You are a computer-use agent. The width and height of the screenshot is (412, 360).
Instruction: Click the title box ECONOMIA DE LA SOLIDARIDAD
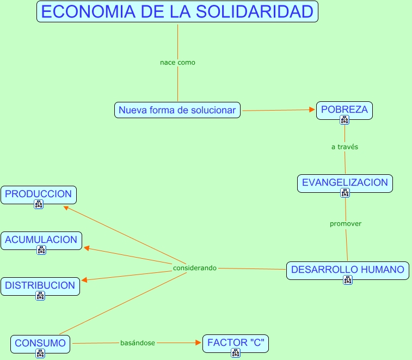tap(177, 12)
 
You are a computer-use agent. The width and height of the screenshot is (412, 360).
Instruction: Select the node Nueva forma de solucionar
tap(177, 110)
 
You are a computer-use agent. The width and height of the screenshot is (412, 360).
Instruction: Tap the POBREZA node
tap(345, 109)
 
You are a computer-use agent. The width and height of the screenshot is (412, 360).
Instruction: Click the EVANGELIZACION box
tap(345, 182)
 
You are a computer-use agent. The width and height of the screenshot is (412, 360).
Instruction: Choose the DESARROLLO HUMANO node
tap(347, 270)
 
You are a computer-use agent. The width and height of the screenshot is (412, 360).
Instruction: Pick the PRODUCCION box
tap(39, 194)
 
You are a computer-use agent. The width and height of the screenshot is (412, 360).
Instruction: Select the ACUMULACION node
tap(41, 240)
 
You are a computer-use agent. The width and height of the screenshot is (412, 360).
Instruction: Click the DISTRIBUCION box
tap(40, 285)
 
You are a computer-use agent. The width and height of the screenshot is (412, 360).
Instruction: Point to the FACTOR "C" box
tap(236, 343)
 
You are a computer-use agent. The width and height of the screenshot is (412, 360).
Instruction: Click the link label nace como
tap(177, 63)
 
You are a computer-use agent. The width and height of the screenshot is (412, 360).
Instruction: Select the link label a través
tap(345, 147)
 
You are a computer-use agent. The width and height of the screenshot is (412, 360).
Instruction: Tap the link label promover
tap(346, 224)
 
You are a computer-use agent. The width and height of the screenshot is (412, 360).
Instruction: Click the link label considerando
tap(195, 268)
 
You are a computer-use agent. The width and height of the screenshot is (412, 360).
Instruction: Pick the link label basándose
tap(138, 343)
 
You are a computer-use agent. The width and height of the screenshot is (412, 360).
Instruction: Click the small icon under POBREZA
tap(345, 120)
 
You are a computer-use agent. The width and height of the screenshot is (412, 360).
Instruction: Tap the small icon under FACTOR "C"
tap(236, 353)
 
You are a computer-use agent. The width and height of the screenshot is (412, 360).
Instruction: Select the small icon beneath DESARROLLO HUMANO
tap(348, 280)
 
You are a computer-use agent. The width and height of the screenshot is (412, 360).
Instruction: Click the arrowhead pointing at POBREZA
tap(312, 110)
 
